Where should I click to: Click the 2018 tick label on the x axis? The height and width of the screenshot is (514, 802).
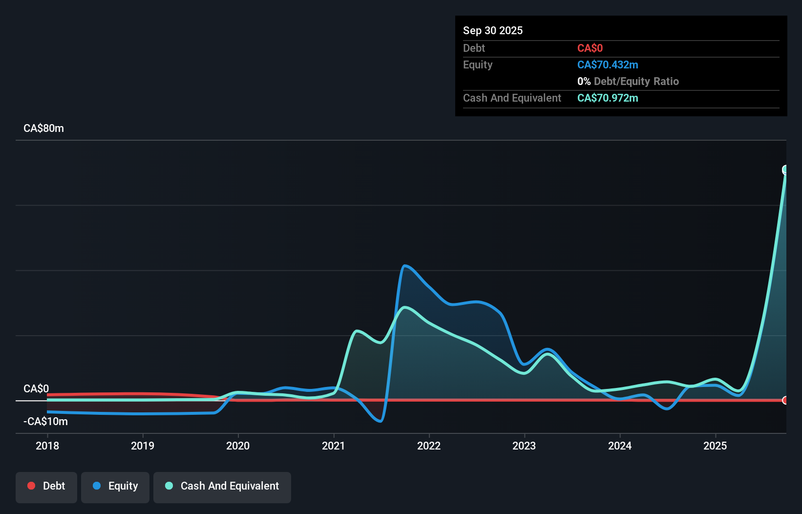(47, 446)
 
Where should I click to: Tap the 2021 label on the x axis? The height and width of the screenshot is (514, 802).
(334, 446)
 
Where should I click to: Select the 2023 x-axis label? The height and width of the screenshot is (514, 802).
(524, 446)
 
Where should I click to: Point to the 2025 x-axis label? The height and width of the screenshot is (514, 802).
(715, 446)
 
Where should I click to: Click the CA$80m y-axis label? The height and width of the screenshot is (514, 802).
(43, 128)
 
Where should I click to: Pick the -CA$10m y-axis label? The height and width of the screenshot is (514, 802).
(45, 421)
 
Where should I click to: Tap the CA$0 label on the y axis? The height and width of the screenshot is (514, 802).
(36, 388)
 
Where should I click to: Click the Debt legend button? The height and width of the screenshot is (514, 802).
(46, 486)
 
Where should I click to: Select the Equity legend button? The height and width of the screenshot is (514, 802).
(115, 486)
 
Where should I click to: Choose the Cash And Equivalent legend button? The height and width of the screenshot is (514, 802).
(222, 486)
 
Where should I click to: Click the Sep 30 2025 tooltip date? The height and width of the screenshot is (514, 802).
(493, 30)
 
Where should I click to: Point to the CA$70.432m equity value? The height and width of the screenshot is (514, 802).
(608, 64)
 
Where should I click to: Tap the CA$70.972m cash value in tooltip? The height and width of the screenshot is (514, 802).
(608, 98)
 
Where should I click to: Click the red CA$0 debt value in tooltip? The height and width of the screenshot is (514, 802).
(590, 48)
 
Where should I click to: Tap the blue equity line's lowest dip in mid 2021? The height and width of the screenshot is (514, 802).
(380, 421)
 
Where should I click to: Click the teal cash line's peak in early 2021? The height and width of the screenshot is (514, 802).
(357, 331)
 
